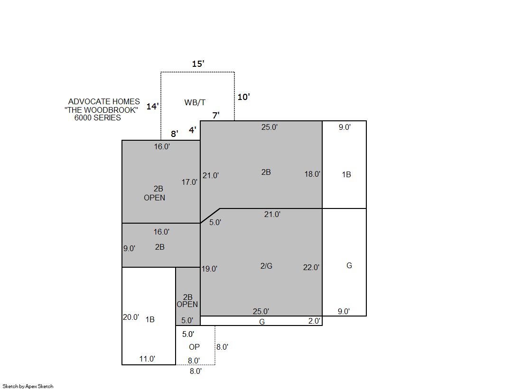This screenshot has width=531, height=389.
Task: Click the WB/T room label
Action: pos(195,102)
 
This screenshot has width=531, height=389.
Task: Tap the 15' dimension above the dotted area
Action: pos(198,64)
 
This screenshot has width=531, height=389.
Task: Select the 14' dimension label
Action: pos(152,106)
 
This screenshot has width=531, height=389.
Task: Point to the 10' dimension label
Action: pos(243,97)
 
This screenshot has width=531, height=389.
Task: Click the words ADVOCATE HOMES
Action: pos(104,101)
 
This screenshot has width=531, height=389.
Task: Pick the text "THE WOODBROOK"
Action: pos(101,110)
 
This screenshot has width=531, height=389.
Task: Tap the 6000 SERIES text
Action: pos(98,118)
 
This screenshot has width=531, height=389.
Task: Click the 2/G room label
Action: pos(266,266)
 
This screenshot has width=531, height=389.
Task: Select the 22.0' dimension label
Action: pos(311,268)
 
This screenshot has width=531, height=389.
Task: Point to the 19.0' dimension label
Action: pos(210,269)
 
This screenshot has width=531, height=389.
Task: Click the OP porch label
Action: pos(195,347)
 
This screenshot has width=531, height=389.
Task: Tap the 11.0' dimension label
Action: pos(147,359)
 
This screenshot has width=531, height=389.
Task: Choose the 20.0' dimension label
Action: pos(131,317)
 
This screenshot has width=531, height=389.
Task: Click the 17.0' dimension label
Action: pos(189,182)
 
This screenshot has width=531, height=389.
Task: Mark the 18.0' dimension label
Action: pos(312,174)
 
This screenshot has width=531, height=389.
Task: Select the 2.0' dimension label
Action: pos(314,321)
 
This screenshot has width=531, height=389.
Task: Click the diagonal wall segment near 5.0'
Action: pos(210,216)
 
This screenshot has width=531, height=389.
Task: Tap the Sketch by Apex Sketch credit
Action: pos(28,386)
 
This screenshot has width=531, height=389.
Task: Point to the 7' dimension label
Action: pos(216,116)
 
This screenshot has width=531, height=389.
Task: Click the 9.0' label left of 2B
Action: pos(129,249)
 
